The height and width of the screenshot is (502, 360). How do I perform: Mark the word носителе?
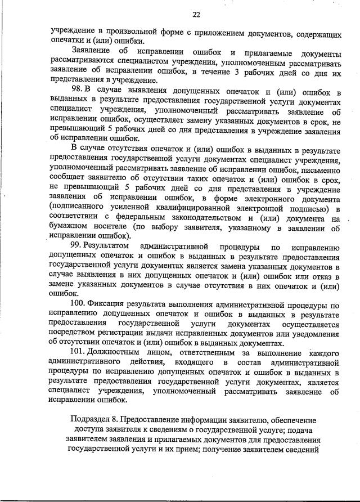[116, 228]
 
